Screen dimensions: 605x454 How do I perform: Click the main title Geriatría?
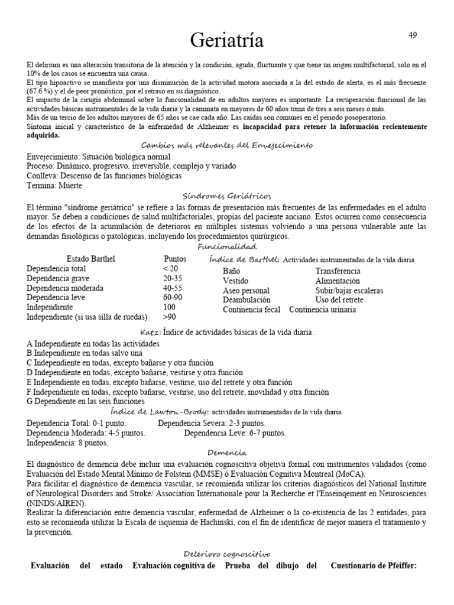coord(226,41)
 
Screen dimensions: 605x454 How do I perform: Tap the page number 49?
coord(413,35)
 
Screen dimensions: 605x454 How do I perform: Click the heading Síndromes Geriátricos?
coord(227,196)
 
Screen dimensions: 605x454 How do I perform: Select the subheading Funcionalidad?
coord(227,246)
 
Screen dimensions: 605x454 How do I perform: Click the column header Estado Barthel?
coord(91,259)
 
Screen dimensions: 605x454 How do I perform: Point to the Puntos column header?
coord(174,259)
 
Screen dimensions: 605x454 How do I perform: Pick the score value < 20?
coord(170,269)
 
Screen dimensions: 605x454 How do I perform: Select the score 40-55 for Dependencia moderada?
coord(172,288)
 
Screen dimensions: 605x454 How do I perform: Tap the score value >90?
coord(170,317)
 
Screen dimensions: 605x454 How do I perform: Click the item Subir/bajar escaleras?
coord(349,291)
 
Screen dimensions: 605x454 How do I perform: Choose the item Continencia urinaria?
coord(322,310)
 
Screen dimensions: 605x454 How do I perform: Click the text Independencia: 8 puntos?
coord(67,442)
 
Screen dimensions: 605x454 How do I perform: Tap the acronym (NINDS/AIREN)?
coord(56,503)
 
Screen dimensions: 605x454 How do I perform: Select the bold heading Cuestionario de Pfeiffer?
coord(374,565)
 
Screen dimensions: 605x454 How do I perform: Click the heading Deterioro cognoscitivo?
coord(226,554)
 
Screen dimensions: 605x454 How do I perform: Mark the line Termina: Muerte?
coord(54,186)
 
